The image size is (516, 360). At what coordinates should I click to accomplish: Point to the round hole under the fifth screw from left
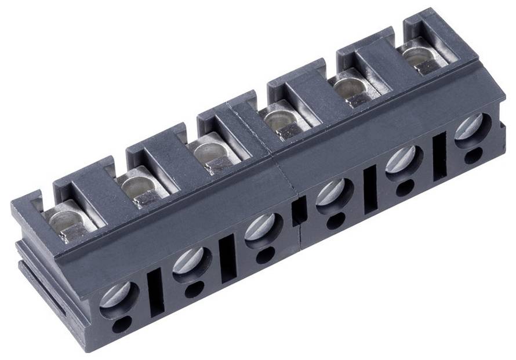(x=405, y=187)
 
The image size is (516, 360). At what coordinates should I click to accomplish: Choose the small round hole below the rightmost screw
(x=473, y=155)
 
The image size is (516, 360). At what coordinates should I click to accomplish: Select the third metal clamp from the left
(x=210, y=155)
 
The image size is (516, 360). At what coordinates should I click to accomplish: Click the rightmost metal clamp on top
(x=419, y=58)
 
